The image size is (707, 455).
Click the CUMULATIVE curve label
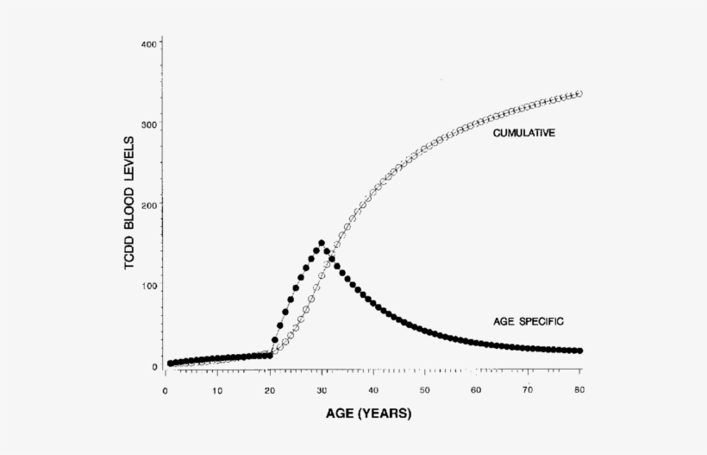click(x=522, y=133)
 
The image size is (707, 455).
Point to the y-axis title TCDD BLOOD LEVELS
click(x=129, y=203)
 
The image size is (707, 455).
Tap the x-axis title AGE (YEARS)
click(x=368, y=414)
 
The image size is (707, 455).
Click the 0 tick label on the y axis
click(x=153, y=367)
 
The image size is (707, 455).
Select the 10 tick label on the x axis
click(x=217, y=390)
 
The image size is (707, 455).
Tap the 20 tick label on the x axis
click(x=269, y=390)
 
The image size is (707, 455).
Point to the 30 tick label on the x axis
click(x=321, y=390)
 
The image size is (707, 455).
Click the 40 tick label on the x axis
click(x=372, y=390)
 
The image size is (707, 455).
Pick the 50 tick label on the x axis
click(x=424, y=390)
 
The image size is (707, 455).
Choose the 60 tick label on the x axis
click(x=476, y=390)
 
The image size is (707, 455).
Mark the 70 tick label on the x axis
click(x=528, y=390)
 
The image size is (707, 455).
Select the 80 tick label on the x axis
click(x=579, y=390)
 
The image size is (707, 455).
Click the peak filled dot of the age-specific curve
click(x=322, y=243)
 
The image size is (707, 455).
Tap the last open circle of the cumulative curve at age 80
click(x=579, y=93)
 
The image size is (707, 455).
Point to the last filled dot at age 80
click(x=579, y=351)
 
